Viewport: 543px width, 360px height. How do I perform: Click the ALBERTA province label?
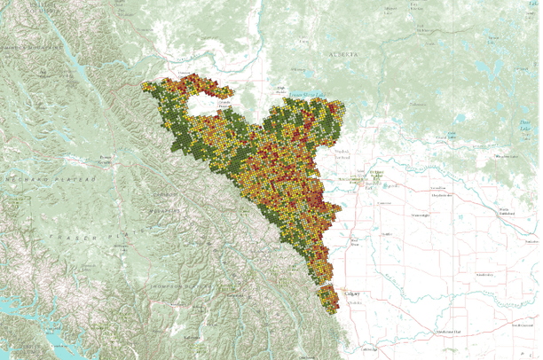click(347, 55)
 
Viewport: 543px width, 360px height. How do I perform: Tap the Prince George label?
click(106, 160)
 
